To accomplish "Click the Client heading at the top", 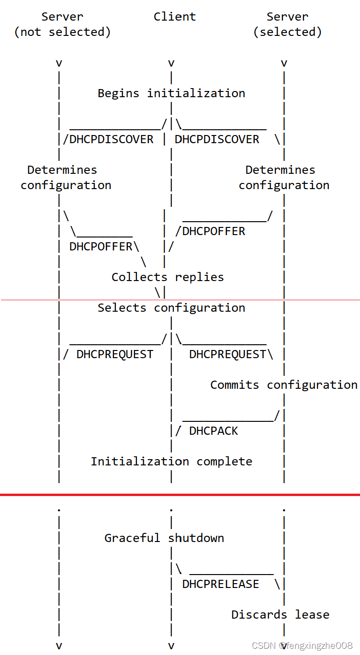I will (175, 17).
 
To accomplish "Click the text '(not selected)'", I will (63, 32).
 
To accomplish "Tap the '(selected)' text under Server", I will (287, 32).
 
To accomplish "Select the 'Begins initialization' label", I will (171, 93).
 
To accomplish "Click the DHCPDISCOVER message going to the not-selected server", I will (112, 139).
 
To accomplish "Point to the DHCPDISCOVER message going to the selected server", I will (217, 139).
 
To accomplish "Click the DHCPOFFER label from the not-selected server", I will (101, 247).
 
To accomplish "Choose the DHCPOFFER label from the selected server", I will (214, 231).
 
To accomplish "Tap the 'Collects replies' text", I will (168, 277).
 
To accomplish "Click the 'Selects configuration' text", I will (171, 308).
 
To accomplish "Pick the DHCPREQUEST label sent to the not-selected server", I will (115, 354).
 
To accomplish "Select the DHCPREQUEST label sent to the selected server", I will (227, 354).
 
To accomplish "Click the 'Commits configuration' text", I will (284, 385).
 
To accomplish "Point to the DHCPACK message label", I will (214, 431).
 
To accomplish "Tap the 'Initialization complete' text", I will (171, 462).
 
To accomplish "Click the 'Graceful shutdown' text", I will (164, 538).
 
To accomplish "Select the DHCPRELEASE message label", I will (221, 584).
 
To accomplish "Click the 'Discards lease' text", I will (280, 615).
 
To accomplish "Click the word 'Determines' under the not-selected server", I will (62, 170).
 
